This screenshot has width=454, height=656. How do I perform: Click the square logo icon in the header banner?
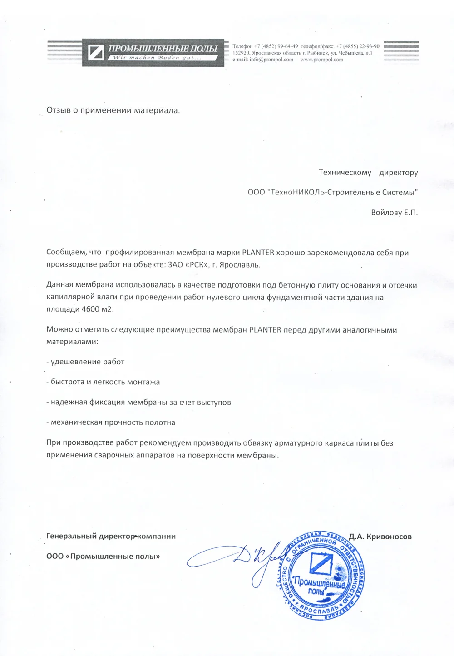click(96, 53)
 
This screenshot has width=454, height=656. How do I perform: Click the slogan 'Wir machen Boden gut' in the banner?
click(157, 58)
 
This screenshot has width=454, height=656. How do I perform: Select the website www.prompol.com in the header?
click(321, 60)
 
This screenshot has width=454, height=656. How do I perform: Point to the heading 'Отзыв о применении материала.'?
click(113, 110)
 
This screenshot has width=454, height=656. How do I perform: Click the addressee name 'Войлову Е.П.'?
click(394, 213)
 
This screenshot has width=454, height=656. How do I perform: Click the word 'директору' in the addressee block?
click(399, 173)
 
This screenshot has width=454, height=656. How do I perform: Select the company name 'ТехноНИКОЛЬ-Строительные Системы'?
click(343, 193)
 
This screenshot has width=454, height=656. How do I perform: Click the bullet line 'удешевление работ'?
click(87, 362)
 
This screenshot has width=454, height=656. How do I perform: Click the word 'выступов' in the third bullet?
click(214, 403)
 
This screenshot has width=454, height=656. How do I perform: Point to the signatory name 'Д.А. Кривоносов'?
click(380, 537)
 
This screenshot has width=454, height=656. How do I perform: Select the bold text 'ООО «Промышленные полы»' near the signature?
click(103, 557)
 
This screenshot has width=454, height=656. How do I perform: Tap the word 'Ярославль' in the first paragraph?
click(240, 265)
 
